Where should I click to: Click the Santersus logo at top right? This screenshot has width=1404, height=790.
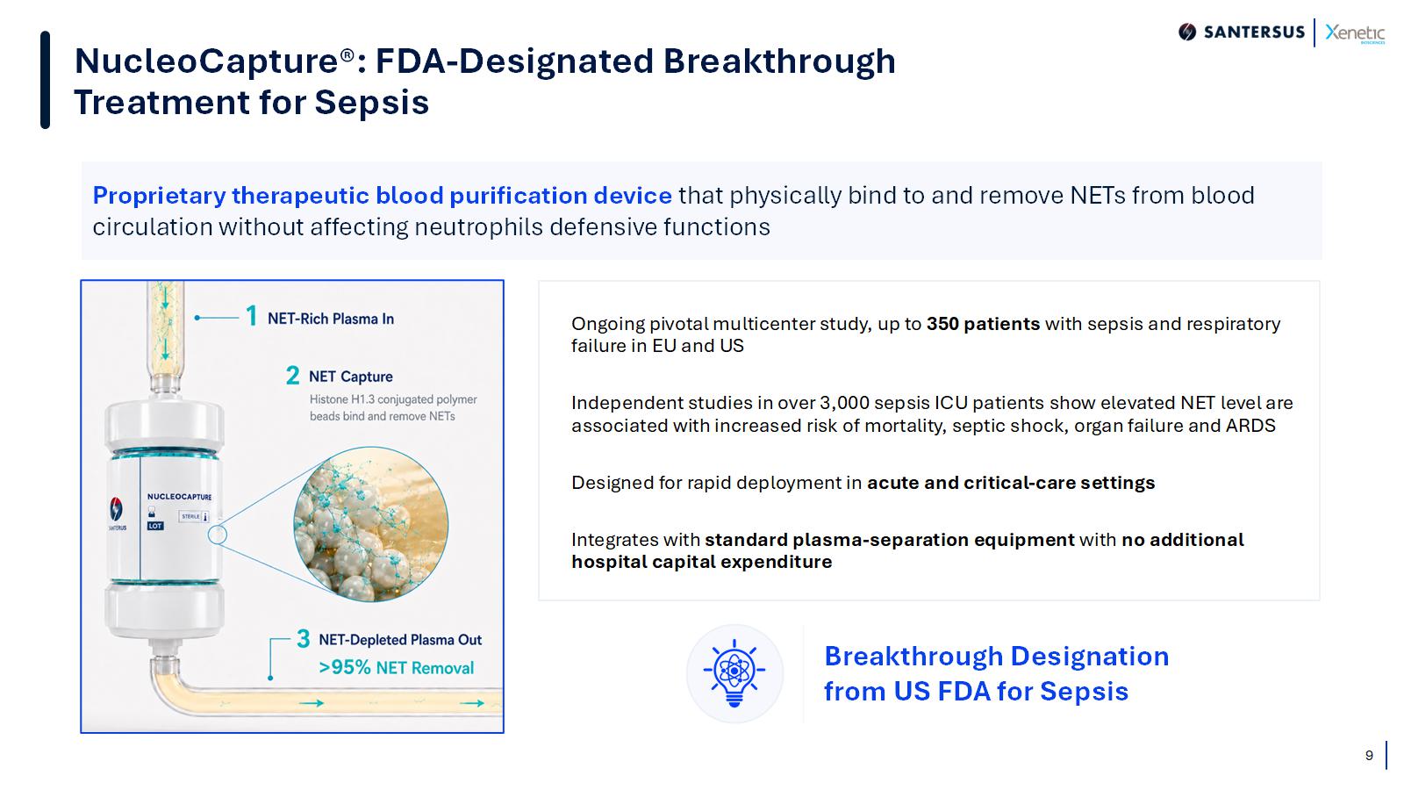pyautogui.click(x=1241, y=32)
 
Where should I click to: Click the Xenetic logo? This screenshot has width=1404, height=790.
pyautogui.click(x=1355, y=32)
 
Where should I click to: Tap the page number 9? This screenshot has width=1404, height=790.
pyautogui.click(x=1369, y=756)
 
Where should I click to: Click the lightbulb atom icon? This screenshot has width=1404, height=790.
pyautogui.click(x=734, y=672)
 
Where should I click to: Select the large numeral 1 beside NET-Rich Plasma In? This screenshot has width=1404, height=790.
pyautogui.click(x=251, y=316)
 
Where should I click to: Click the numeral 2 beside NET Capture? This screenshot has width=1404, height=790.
pyautogui.click(x=293, y=376)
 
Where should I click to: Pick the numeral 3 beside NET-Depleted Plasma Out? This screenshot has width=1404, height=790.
pyautogui.click(x=304, y=639)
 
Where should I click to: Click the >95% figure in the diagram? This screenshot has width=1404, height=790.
pyautogui.click(x=345, y=667)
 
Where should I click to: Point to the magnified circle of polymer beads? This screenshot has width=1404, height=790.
pyautogui.click(x=371, y=524)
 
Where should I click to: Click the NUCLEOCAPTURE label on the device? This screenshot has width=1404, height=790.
pyautogui.click(x=179, y=497)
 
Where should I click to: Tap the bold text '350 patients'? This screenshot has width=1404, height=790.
pyautogui.click(x=983, y=324)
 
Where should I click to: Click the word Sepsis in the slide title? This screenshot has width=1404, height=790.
pyautogui.click(x=372, y=103)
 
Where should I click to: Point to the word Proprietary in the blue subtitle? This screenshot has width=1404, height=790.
pyautogui.click(x=159, y=197)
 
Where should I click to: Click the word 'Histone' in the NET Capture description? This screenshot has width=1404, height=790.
pyautogui.click(x=328, y=399)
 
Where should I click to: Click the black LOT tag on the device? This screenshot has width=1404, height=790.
pyautogui.click(x=154, y=526)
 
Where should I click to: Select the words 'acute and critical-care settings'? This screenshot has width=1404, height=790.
pyautogui.click(x=1010, y=483)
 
